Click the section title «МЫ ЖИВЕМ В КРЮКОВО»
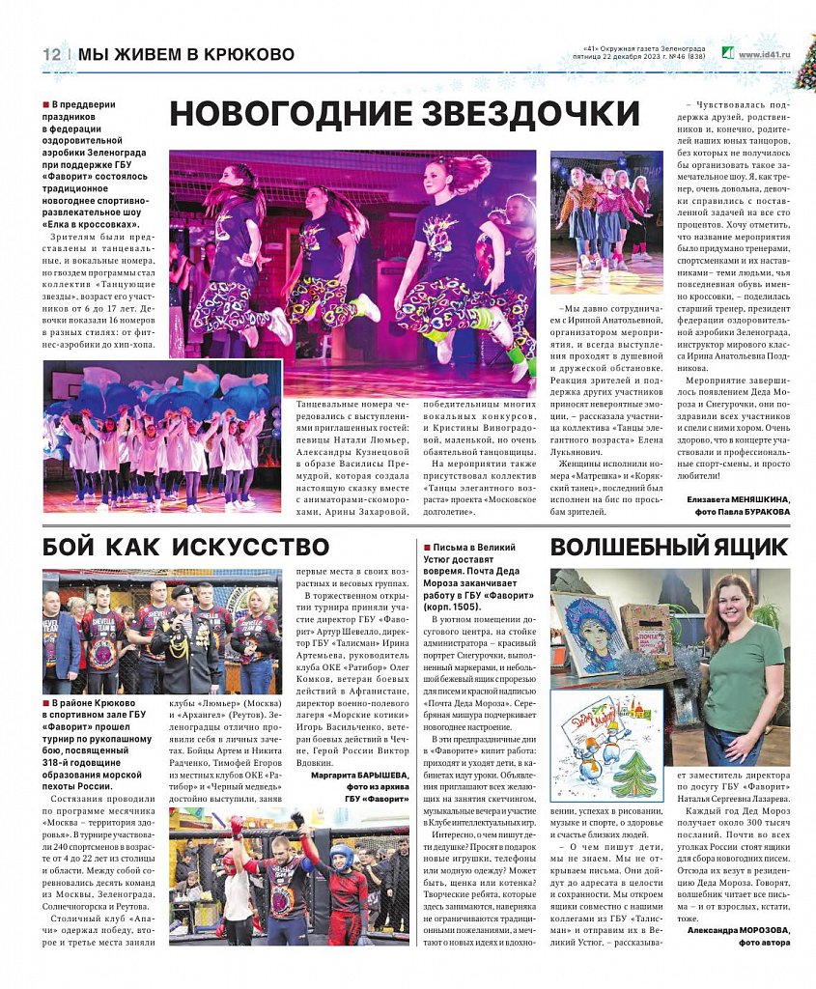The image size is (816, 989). [x=186, y=55]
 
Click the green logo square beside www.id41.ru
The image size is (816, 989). [x=728, y=54]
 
